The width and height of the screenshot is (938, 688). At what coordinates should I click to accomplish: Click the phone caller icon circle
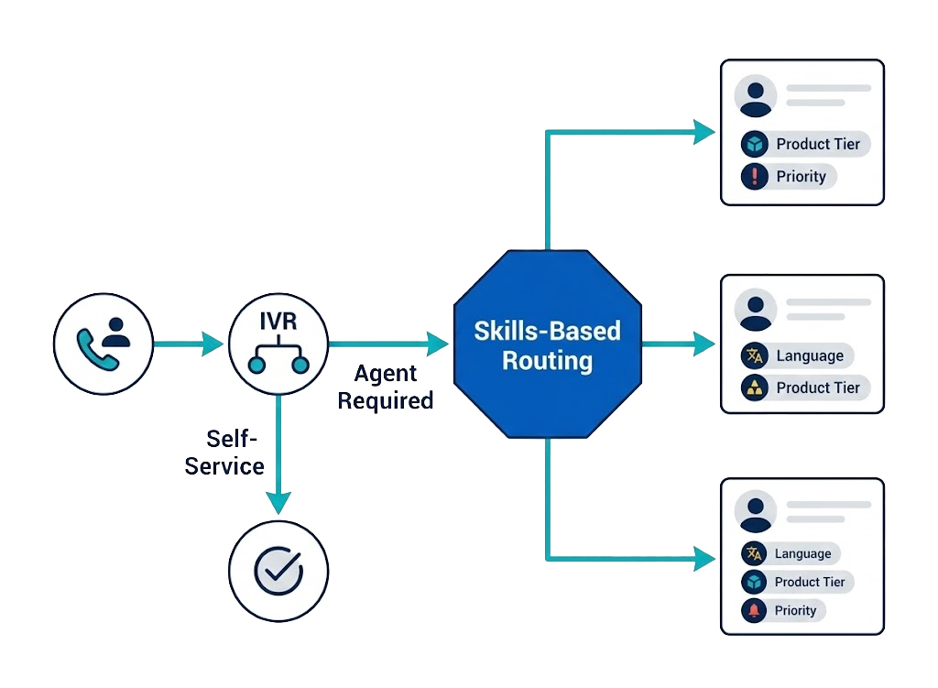point(104,344)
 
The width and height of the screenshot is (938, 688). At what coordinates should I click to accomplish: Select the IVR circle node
point(278,344)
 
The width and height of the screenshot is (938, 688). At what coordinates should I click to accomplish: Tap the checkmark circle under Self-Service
point(278,571)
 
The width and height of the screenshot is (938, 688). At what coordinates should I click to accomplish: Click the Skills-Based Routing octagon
point(547,344)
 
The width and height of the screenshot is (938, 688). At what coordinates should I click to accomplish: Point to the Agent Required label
point(386,387)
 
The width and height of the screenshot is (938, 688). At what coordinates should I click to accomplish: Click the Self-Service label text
point(225,453)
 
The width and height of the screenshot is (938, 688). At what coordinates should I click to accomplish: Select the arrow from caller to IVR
point(188,344)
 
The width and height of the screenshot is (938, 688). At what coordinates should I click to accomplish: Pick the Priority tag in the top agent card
point(789,177)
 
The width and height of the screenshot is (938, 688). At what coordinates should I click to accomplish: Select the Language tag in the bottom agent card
point(790,553)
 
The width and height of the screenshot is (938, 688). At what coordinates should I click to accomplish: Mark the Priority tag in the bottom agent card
point(782,610)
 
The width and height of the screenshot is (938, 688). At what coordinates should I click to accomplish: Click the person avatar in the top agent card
point(756,95)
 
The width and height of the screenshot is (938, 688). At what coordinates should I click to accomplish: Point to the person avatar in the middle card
point(756,310)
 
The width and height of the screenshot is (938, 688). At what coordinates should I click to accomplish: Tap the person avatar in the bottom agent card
point(756,512)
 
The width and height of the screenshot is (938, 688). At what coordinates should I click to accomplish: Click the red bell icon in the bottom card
point(754,610)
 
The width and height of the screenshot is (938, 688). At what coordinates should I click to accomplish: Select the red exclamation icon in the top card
point(754,177)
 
